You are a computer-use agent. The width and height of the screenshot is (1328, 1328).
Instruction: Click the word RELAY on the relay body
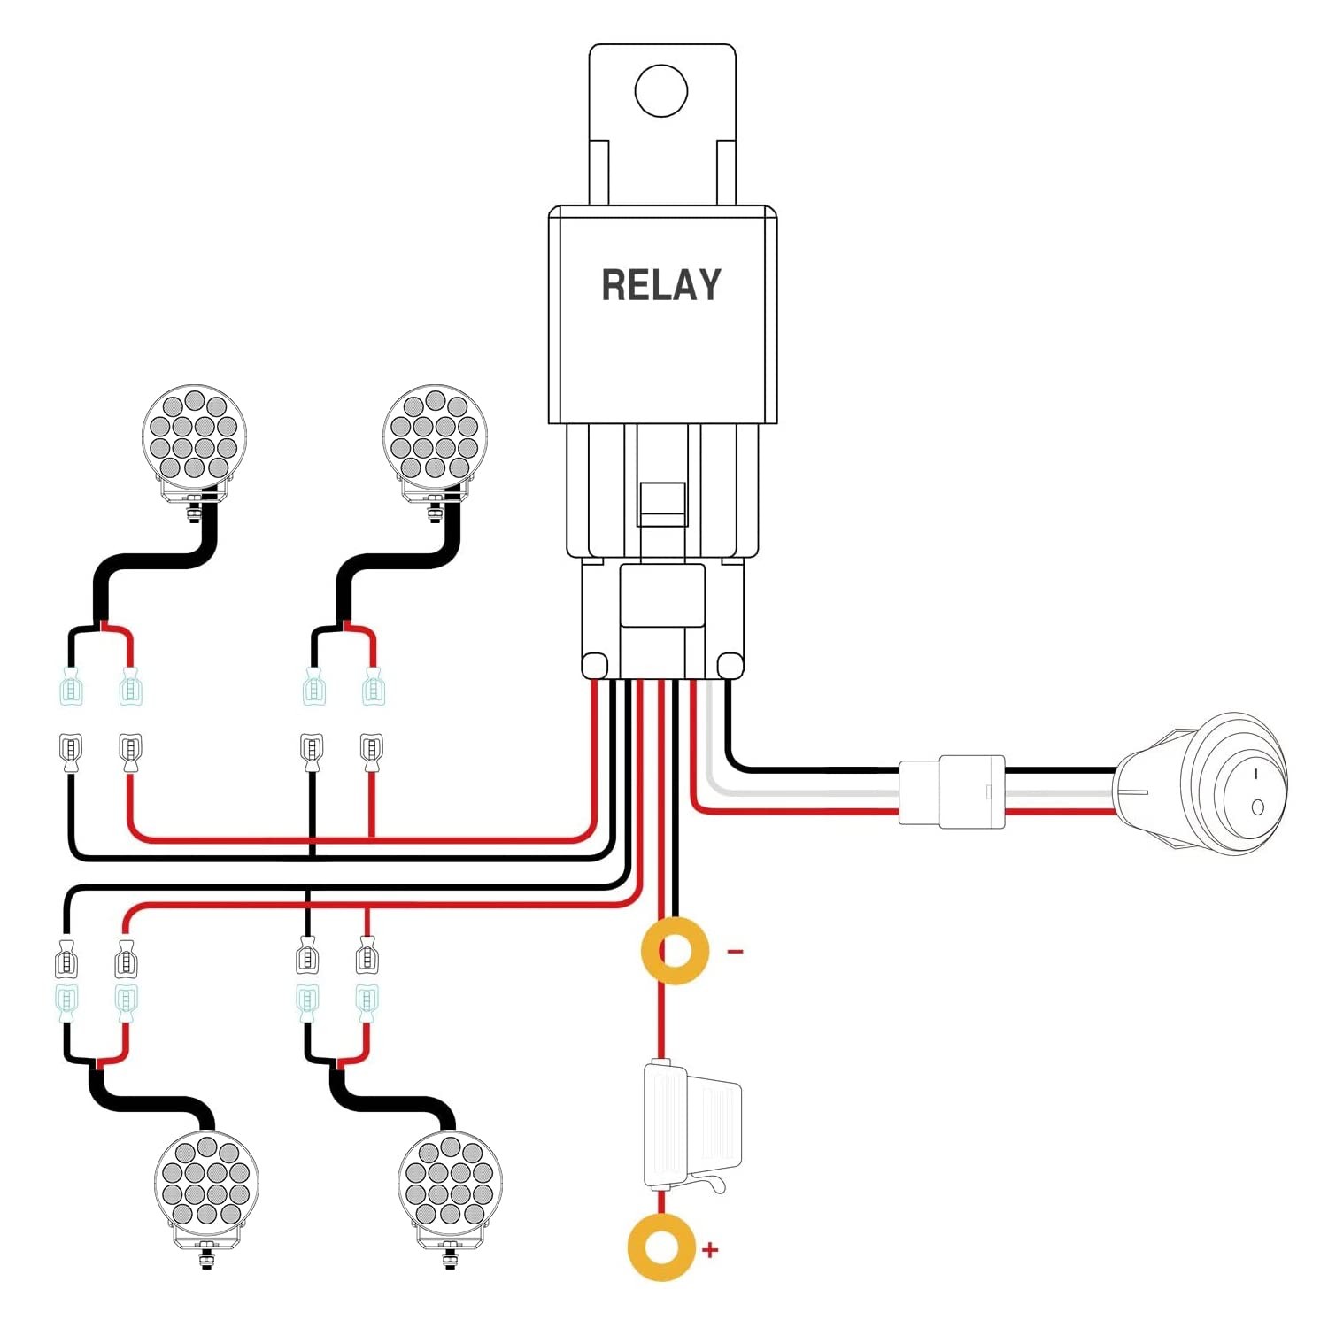(x=661, y=285)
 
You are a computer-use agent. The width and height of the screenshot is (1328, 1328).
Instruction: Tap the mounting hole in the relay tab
(x=661, y=90)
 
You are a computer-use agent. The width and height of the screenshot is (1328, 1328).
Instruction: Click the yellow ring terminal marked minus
(x=676, y=952)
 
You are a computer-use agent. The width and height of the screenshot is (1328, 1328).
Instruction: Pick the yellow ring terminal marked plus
(x=661, y=1247)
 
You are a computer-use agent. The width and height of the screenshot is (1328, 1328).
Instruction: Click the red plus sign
(x=710, y=1250)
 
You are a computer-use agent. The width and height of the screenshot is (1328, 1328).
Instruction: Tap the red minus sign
(x=735, y=952)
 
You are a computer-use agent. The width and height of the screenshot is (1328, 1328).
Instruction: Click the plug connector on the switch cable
(x=952, y=791)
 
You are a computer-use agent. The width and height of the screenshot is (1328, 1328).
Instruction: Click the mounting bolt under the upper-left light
(x=193, y=513)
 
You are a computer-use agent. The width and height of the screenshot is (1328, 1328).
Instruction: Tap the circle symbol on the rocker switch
(x=1257, y=807)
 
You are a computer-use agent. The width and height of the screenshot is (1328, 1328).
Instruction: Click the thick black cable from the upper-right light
(x=395, y=562)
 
